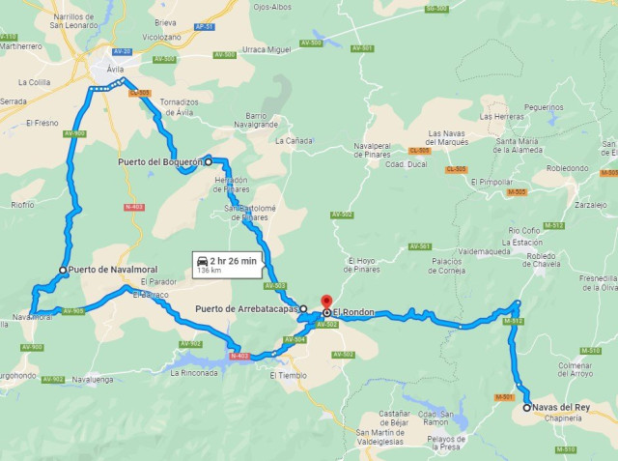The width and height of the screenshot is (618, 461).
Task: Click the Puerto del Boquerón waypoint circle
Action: pyautogui.click(x=208, y=162)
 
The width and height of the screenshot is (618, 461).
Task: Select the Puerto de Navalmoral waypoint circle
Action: pyautogui.click(x=63, y=270)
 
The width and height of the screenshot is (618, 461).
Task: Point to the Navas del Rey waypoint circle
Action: pyautogui.click(x=526, y=408)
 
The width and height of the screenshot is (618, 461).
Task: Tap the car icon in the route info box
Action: pyautogui.click(x=202, y=261)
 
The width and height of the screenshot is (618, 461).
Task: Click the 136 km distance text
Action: pyautogui.click(x=208, y=272)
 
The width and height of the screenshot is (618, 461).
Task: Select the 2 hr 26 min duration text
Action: pyautogui.click(x=233, y=261)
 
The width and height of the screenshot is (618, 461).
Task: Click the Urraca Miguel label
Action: pyautogui.click(x=267, y=48)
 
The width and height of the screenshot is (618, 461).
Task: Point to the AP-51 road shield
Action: pyautogui.click(x=203, y=28)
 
